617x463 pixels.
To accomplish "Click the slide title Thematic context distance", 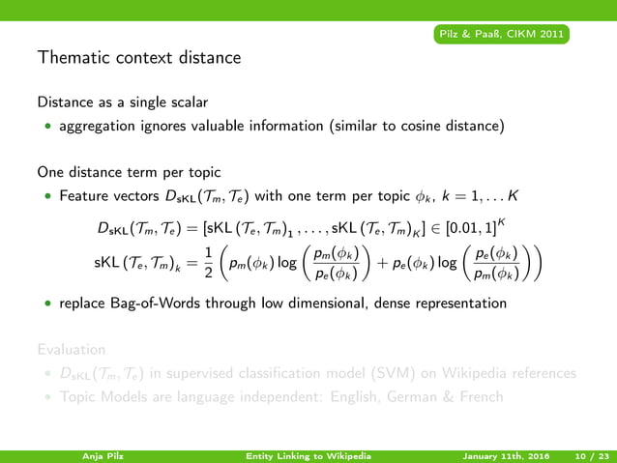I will pos(139,58).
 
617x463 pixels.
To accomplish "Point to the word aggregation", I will pos(98,126).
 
